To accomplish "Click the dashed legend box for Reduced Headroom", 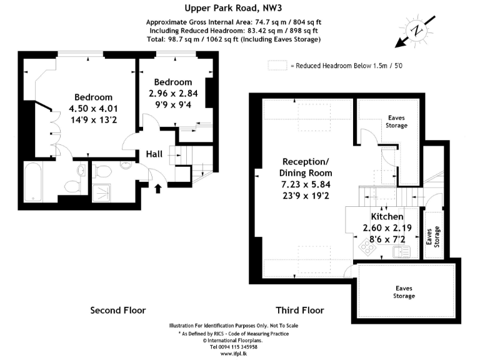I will point(277,64).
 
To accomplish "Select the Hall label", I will point(156,154).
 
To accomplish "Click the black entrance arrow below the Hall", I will point(156,187).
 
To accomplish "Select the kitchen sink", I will point(400,251).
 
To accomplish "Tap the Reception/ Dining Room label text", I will point(306,167).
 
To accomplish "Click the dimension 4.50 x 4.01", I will point(93,109).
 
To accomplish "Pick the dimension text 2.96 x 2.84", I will point(172,94).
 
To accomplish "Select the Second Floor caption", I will point(118,310).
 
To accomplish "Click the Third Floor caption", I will point(300,310).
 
